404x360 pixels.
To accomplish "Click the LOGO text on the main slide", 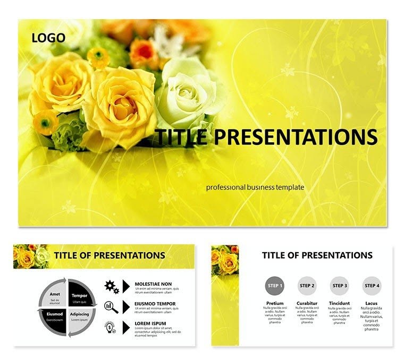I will [x=48, y=38].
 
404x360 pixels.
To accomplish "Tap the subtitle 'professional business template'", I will [x=255, y=187].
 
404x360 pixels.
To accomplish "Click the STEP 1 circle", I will [x=274, y=286].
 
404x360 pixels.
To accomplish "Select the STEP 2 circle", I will [x=307, y=286].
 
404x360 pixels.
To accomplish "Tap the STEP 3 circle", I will [x=339, y=286].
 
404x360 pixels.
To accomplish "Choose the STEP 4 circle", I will [x=372, y=286].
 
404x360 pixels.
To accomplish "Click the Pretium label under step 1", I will [x=274, y=304].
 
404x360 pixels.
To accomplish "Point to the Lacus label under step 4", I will [x=372, y=304].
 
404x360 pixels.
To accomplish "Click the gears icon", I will [x=111, y=287].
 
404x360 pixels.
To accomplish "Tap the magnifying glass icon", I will [x=111, y=307].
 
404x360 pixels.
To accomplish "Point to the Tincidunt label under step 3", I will [x=339, y=304].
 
